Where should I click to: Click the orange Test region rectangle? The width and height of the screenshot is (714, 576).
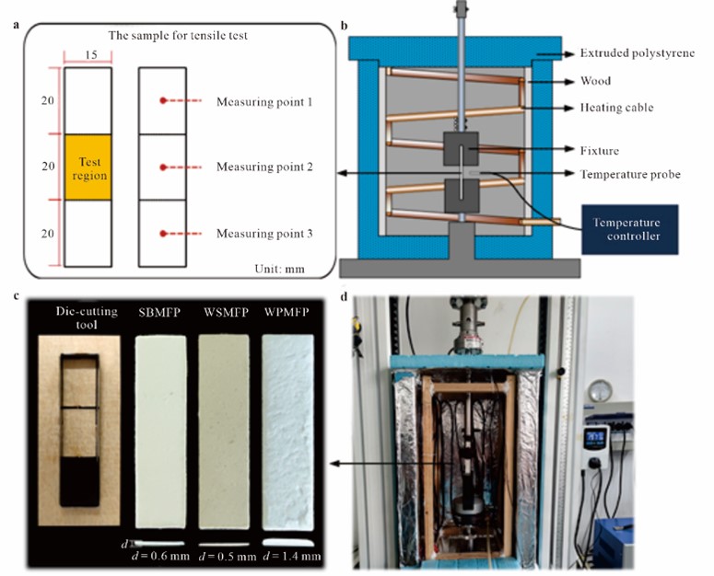coord(88,167)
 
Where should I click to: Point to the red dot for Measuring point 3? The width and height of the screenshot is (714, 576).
coord(163,235)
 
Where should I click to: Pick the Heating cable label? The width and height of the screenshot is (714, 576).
coord(619,108)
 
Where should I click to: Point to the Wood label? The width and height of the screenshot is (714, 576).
coord(597,81)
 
